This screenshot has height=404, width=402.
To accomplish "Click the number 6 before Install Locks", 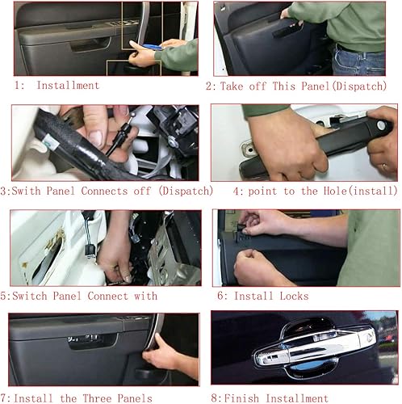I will tap(219, 296).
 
